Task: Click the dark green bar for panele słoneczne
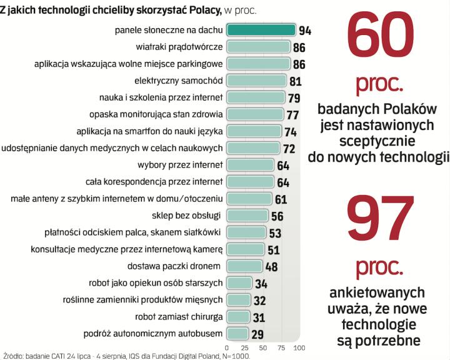pyautogui.click(x=261, y=29)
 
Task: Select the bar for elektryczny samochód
pyautogui.click(x=256, y=81)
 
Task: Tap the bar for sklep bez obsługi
pyautogui.click(x=247, y=216)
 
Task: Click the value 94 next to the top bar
pyautogui.click(x=305, y=30)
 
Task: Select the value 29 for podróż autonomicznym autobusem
pyautogui.click(x=256, y=334)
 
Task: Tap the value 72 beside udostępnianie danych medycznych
pyautogui.click(x=289, y=149)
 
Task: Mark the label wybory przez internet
pyautogui.click(x=180, y=165)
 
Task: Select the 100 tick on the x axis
pyautogui.click(x=299, y=347)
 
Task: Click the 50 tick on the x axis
pyautogui.click(x=262, y=347)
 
